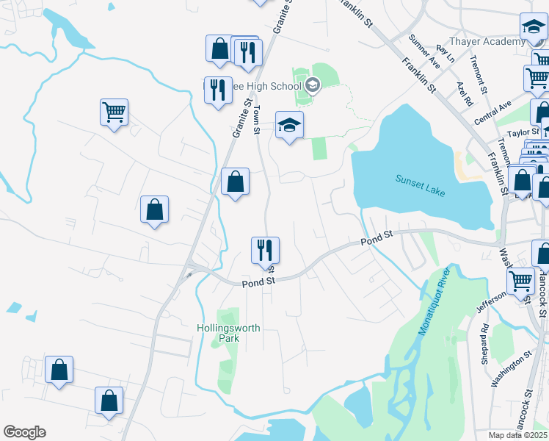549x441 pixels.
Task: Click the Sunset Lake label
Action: point(421,184)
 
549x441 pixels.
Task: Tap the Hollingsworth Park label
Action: point(228,333)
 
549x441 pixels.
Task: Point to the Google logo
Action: point(24,432)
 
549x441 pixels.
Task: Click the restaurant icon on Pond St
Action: point(266,250)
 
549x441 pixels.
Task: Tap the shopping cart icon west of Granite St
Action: point(114,113)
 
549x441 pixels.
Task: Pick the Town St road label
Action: point(258,120)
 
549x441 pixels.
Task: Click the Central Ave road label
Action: point(492,112)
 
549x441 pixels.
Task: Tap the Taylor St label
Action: point(523,133)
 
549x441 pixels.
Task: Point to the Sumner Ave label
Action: point(424,51)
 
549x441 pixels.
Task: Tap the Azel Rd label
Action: point(463,94)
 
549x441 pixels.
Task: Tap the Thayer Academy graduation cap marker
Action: point(534,29)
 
